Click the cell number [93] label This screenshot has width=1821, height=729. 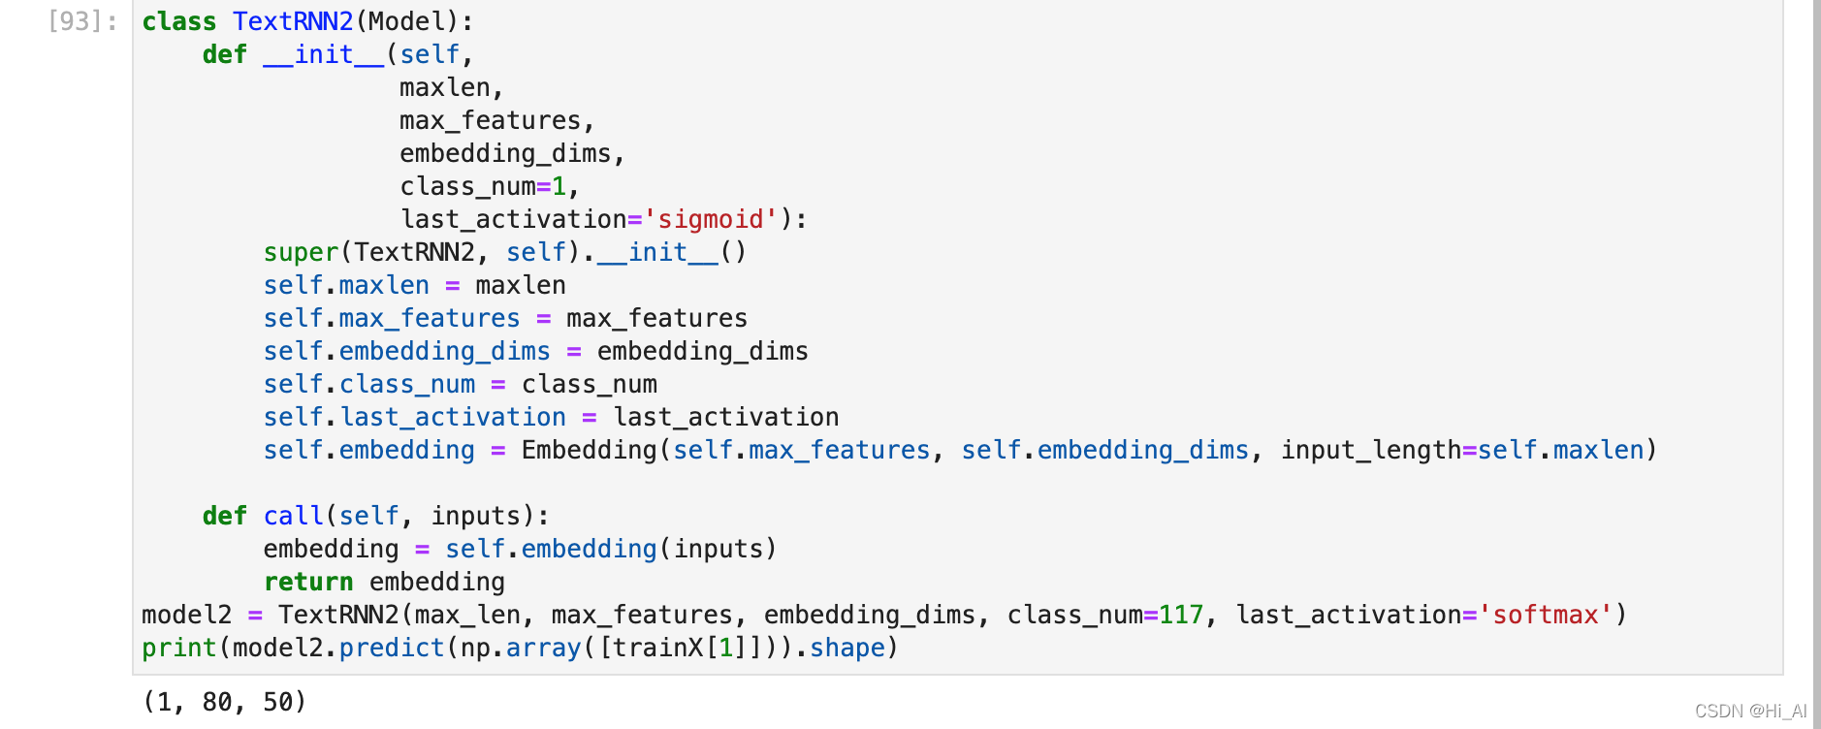click(x=82, y=21)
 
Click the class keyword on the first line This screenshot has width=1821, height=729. click(x=179, y=21)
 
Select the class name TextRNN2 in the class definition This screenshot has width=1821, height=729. click(x=293, y=21)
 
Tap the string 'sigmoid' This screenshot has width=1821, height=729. click(x=711, y=219)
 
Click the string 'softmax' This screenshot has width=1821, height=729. click(x=1546, y=615)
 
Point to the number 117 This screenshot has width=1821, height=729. click(x=1181, y=615)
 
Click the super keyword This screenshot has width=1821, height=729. click(x=301, y=252)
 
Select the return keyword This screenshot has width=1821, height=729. click(x=308, y=582)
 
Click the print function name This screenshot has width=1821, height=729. click(x=179, y=648)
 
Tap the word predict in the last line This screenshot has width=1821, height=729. click(x=392, y=648)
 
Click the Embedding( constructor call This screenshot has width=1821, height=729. click(x=590, y=450)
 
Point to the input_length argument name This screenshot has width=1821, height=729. click(x=1371, y=450)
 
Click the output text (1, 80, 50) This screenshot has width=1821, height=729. click(x=225, y=701)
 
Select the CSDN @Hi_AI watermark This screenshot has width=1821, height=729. click(x=1750, y=711)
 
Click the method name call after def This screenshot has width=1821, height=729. click(x=293, y=516)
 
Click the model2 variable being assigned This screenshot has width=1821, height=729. click(x=187, y=615)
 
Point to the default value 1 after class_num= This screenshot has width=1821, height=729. click(x=559, y=186)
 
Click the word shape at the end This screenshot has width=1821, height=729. click(x=847, y=648)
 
